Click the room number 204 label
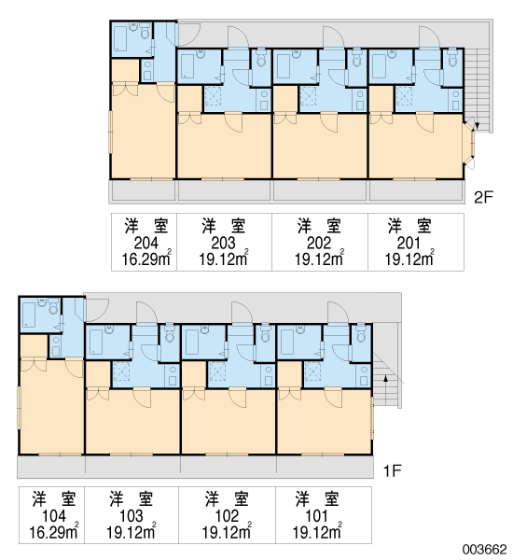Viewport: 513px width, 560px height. click(146, 244)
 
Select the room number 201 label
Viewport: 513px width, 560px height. click(409, 244)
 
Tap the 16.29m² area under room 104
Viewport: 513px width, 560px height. click(53, 532)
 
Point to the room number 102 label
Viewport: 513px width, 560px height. click(227, 516)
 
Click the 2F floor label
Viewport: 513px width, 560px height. click(483, 197)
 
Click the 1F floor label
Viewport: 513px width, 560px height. click(393, 471)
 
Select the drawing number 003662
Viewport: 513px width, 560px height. click(485, 550)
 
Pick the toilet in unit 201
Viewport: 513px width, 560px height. click(452, 60)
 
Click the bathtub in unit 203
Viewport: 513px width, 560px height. click(187, 66)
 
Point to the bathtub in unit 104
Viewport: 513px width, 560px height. click(29, 315)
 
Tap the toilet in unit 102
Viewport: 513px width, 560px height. click(265, 334)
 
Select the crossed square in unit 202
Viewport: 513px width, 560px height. click(308, 96)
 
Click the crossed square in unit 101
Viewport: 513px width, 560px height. click(312, 371)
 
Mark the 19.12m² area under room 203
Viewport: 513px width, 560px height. click(224, 259)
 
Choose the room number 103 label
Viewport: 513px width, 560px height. click(132, 516)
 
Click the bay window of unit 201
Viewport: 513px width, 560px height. click(469, 144)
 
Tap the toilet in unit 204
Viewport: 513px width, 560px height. click(145, 32)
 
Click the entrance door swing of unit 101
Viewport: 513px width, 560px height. click(338, 312)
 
